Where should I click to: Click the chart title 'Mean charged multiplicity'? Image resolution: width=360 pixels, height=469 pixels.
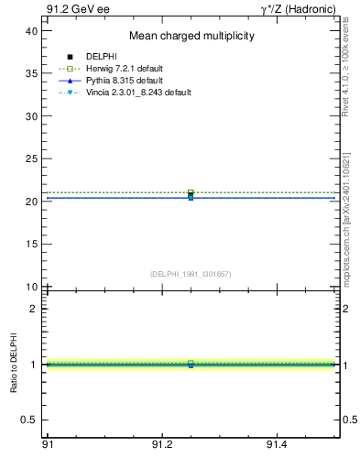[191, 36]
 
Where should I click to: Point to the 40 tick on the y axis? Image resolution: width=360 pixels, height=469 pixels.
[31, 31]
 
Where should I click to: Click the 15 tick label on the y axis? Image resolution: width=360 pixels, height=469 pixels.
[31, 245]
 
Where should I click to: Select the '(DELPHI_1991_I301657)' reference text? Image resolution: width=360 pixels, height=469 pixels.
[191, 274]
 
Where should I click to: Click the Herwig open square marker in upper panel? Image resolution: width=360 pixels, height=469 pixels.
[191, 193]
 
